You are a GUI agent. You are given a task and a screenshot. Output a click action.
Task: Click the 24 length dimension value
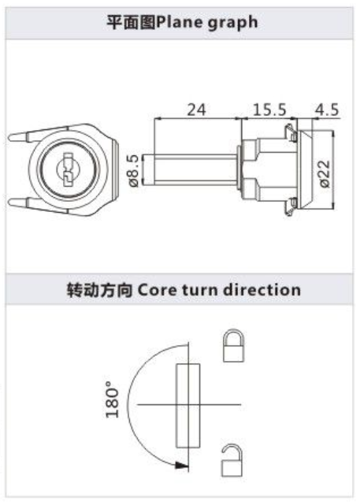click(x=196, y=110)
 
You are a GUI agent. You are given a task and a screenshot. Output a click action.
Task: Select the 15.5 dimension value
click(x=269, y=110)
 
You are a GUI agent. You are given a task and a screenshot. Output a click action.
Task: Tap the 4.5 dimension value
click(x=326, y=110)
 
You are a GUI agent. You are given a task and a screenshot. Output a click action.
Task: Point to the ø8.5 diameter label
click(x=133, y=170)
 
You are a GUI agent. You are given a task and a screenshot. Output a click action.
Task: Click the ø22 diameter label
click(x=324, y=174)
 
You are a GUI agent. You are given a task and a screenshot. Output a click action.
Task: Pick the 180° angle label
click(x=113, y=400)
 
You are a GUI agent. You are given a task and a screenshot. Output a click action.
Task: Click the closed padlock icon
click(x=234, y=346)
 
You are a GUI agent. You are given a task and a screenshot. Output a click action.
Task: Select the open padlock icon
click(x=232, y=460)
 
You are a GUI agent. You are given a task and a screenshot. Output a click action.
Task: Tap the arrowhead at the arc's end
click(x=181, y=465)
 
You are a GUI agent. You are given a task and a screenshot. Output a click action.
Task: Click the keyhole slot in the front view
click(x=68, y=169)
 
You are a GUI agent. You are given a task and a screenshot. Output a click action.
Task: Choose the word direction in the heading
click(x=262, y=289)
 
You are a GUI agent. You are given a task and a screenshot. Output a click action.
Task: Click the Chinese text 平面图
click(x=132, y=23)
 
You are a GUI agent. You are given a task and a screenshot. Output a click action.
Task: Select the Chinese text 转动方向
click(x=99, y=290)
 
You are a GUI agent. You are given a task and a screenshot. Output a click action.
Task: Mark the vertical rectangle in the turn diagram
click(x=188, y=406)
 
